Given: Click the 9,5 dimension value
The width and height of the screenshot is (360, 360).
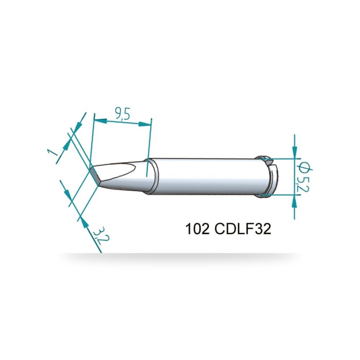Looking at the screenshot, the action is pyautogui.click(x=122, y=114).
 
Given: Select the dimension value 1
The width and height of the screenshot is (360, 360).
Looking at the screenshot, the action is pyautogui.click(x=53, y=152).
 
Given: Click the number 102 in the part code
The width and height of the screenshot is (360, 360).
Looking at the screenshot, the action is pyautogui.click(x=197, y=229).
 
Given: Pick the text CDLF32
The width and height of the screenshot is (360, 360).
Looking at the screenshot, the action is pyautogui.click(x=243, y=229).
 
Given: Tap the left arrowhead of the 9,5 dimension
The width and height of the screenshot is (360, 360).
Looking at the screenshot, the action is pyautogui.click(x=100, y=121).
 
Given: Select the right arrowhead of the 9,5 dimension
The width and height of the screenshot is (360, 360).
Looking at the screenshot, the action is pyautogui.click(x=145, y=125).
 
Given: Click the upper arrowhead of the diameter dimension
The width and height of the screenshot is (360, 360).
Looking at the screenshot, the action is pyautogui.click(x=295, y=152).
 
